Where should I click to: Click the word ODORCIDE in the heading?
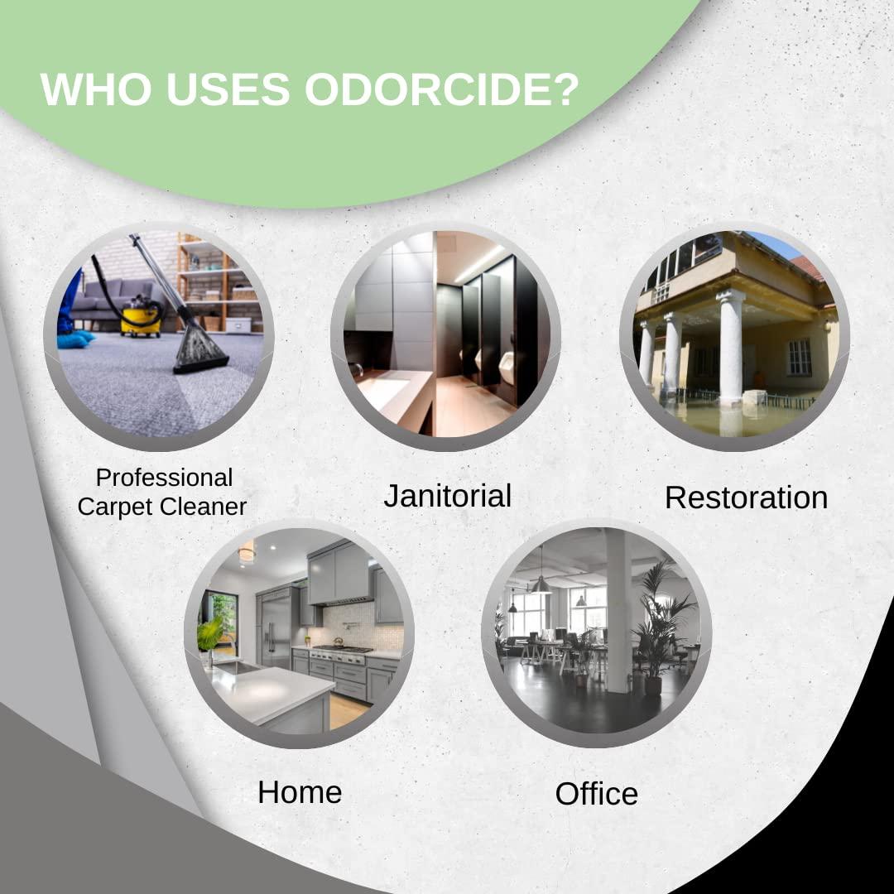point(440,89)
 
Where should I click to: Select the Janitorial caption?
point(447,496)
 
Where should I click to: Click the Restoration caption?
point(746,497)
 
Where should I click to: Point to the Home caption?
point(300,792)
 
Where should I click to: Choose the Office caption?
point(596,794)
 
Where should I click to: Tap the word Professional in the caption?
point(164,478)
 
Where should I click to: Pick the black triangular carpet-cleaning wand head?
point(199,352)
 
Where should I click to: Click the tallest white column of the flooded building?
point(730,348)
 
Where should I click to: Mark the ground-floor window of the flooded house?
point(799,357)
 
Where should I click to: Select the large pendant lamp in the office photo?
point(541,584)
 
